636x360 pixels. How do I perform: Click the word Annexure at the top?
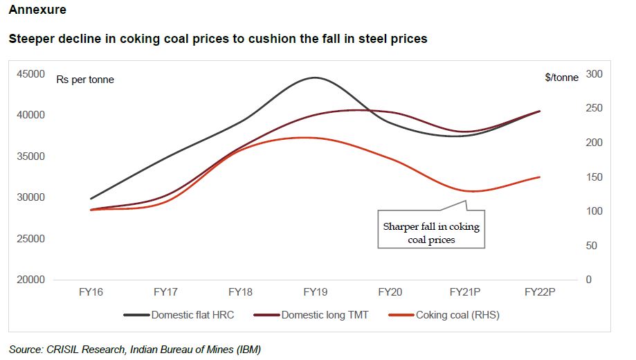coord(38,10)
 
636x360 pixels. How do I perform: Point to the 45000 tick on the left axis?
coord(30,74)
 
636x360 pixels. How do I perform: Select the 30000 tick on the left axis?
coord(30,197)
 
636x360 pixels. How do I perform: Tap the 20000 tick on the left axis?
coord(30,280)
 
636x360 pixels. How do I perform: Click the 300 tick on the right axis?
coord(594,74)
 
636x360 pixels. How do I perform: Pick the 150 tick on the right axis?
coord(594,177)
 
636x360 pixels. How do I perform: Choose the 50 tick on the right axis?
coord(592,246)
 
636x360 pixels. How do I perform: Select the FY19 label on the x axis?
coord(315,293)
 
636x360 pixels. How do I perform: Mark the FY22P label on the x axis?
coord(540,293)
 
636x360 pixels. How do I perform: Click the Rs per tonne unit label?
coord(85,80)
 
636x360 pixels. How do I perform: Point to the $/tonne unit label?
coord(561,78)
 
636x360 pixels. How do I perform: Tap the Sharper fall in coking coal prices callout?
coord(431,233)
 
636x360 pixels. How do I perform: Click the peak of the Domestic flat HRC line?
coord(316,78)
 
